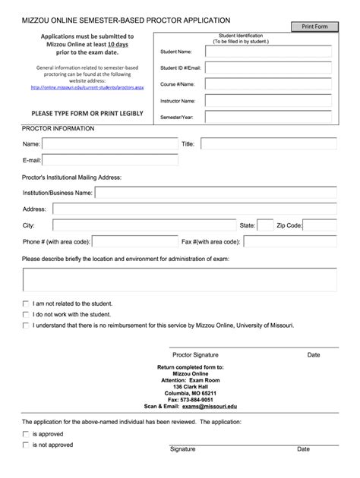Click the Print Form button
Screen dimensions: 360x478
point(314,27)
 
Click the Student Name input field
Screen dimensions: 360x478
point(265,52)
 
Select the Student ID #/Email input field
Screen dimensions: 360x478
point(265,68)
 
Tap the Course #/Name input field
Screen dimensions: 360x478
point(265,84)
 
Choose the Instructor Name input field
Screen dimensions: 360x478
point(265,101)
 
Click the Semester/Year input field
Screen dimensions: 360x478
point(265,117)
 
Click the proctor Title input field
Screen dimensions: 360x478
point(267,143)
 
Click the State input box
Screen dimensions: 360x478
point(265,225)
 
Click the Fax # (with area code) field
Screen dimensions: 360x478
point(289,242)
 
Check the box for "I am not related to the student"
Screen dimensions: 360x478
point(26,303)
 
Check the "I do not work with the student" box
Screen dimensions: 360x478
point(26,313)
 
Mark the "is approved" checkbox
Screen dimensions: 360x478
point(26,433)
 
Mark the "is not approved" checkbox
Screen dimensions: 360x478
point(26,445)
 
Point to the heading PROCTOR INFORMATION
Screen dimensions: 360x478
point(58,128)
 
